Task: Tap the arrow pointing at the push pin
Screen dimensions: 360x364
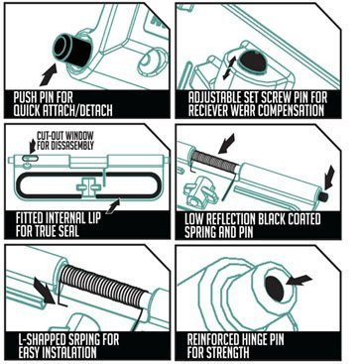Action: tap(49, 74)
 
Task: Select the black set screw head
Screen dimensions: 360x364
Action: tap(253, 61)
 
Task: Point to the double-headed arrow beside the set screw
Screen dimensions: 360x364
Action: tap(229, 67)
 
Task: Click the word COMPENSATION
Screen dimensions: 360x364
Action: tap(291, 110)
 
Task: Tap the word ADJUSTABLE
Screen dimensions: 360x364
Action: tap(216, 97)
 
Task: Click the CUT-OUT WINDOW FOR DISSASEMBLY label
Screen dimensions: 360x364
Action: tap(65, 140)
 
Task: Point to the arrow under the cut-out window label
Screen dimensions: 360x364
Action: tap(33, 146)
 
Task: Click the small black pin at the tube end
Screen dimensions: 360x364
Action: tap(323, 196)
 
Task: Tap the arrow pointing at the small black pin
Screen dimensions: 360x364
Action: tap(329, 178)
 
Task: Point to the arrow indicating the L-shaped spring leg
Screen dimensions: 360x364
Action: tap(44, 290)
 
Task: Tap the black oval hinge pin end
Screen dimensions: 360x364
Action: tap(275, 289)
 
